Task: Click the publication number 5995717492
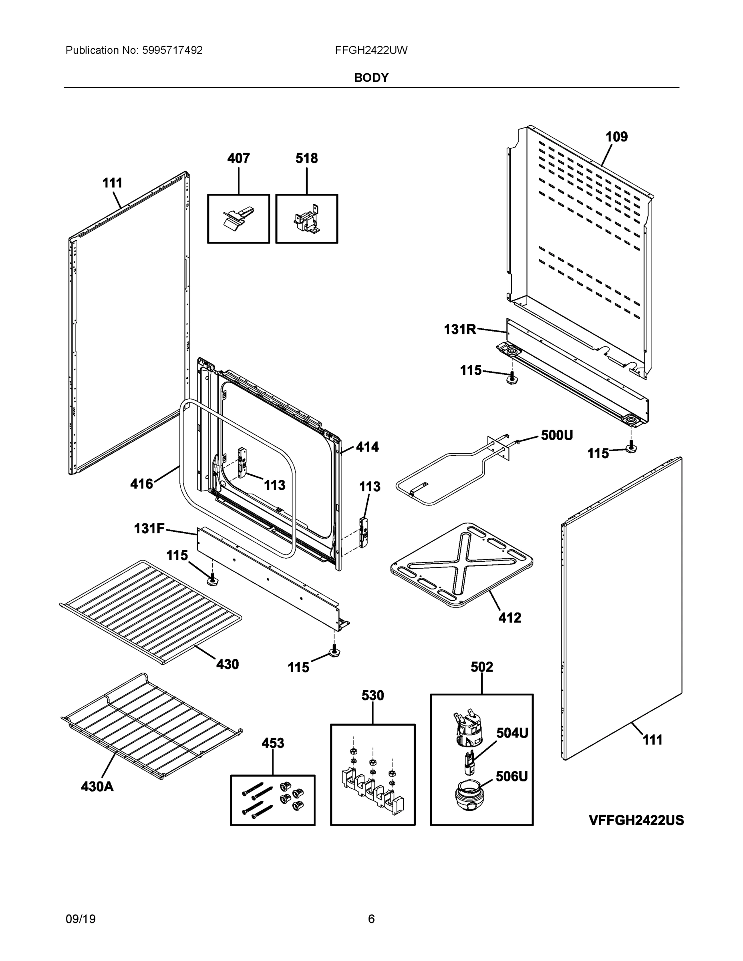[x=172, y=50]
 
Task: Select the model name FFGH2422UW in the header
[x=371, y=50]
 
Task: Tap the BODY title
[x=371, y=78]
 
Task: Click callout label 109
[x=616, y=137]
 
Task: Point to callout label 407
[x=238, y=159]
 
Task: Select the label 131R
[x=459, y=329]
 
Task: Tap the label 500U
[x=556, y=436]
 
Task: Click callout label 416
[x=141, y=484]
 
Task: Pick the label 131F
[x=149, y=528]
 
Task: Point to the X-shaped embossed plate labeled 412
[x=462, y=565]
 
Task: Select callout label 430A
[x=97, y=786]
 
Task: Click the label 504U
[x=512, y=733]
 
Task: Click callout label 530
[x=373, y=696]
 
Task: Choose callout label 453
[x=272, y=743]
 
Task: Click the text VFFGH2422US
[x=636, y=820]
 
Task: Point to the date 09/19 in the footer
[x=81, y=919]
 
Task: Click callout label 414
[x=367, y=447]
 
